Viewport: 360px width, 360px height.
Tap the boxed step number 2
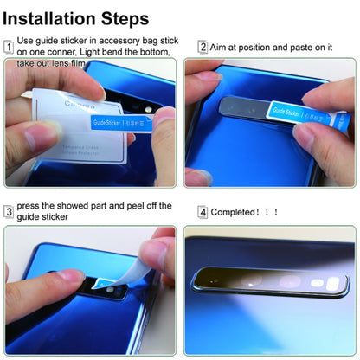click(202, 47)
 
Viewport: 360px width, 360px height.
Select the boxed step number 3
click(9, 210)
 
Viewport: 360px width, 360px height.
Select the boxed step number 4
click(202, 211)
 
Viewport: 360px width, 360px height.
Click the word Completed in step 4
click(235, 211)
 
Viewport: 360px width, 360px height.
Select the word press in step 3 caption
click(29, 205)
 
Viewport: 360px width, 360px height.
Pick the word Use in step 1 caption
click(26, 40)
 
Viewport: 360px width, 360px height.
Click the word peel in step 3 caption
click(132, 205)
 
